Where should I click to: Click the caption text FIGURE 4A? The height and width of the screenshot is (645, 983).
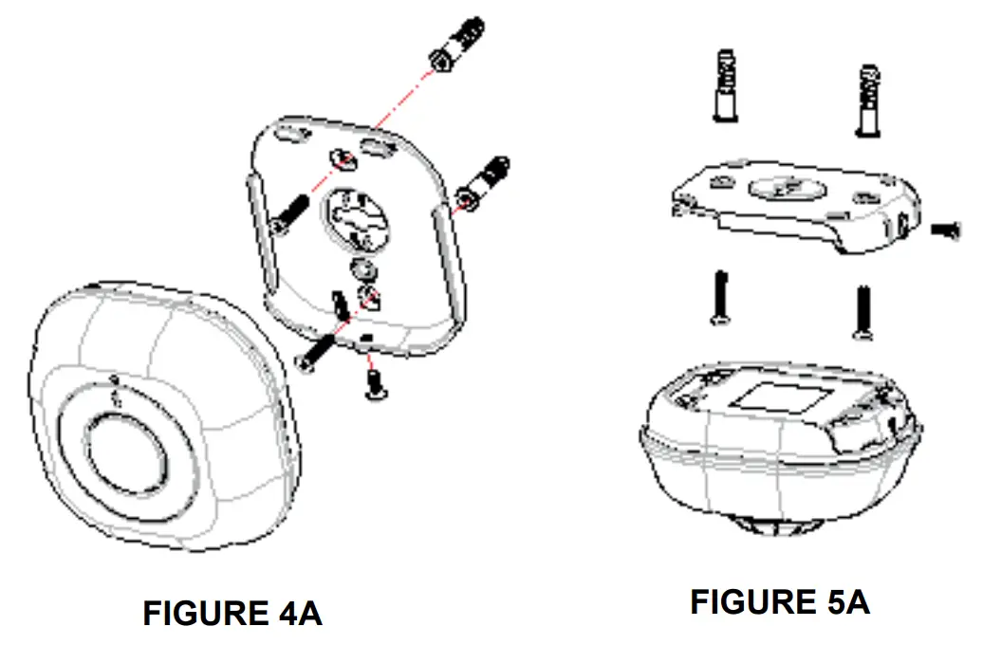click(x=232, y=613)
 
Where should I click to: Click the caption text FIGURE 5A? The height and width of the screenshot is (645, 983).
click(x=779, y=601)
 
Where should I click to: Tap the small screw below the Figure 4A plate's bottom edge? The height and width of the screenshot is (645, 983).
click(x=373, y=381)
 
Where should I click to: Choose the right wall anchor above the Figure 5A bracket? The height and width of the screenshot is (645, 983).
click(x=869, y=101)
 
